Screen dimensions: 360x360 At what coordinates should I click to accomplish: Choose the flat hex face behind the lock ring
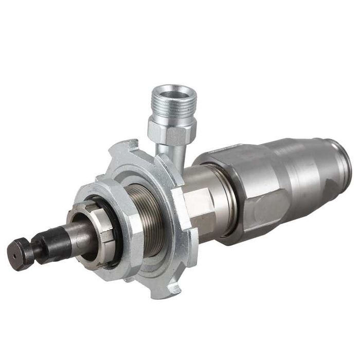[x=198, y=203]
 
